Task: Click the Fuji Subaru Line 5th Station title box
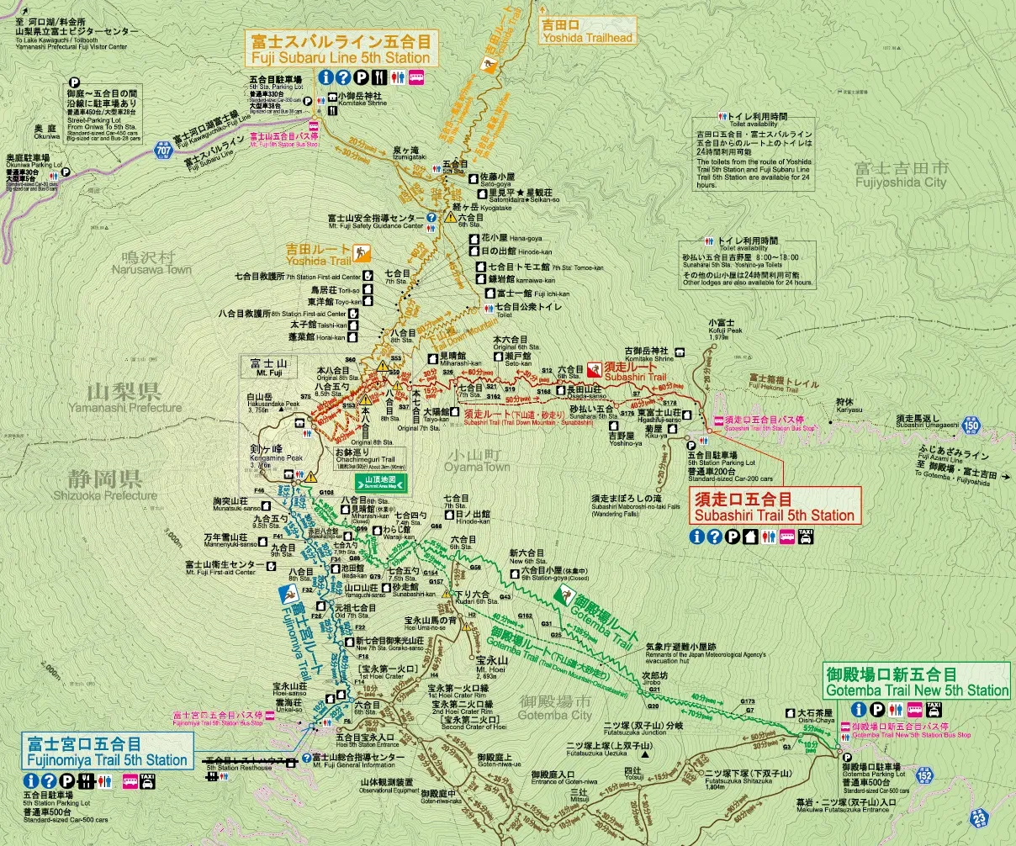pyautogui.click(x=340, y=50)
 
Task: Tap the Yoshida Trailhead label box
pyautogui.click(x=587, y=32)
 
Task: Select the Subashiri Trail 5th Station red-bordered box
pyautogui.click(x=775, y=507)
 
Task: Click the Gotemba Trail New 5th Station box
pyautogui.click(x=916, y=682)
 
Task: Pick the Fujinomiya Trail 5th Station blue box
pyautogui.click(x=108, y=752)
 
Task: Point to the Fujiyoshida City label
pyautogui.click(x=900, y=175)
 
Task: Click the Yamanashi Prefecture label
pyautogui.click(x=135, y=398)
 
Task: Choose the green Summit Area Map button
pyautogui.click(x=383, y=482)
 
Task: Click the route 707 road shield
pyautogui.click(x=162, y=151)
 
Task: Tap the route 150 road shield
pyautogui.click(x=971, y=426)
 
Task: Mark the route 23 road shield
pyautogui.click(x=980, y=816)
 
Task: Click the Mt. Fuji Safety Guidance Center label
pyautogui.click(x=376, y=221)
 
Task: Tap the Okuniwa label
pyautogui.click(x=46, y=132)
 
